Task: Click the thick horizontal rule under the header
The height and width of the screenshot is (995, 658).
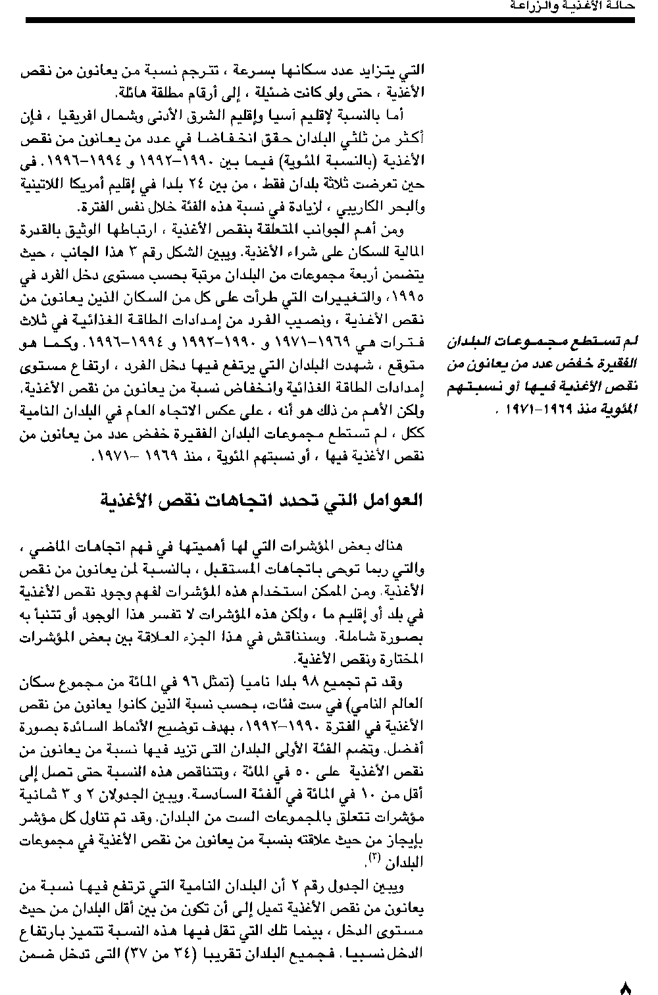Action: (329, 21)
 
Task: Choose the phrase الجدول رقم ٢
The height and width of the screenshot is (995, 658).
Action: (356, 888)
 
